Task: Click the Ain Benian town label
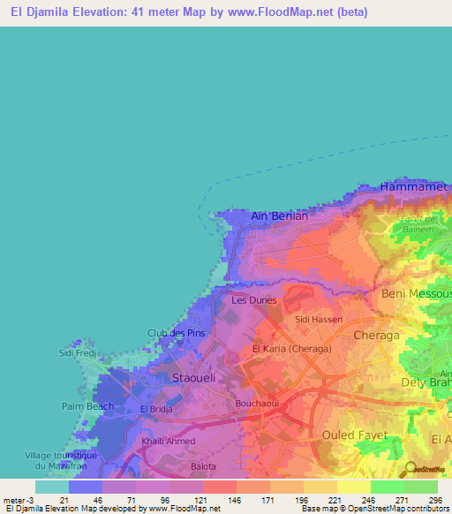coord(280,215)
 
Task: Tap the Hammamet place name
coord(416,186)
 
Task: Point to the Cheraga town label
coord(376,336)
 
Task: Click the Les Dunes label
coord(253,300)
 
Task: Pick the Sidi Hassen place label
coord(318,319)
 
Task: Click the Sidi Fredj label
coord(76,353)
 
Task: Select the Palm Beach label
coord(88,406)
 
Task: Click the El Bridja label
coord(155,410)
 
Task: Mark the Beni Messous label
coord(416,293)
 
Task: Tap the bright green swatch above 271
coord(388,487)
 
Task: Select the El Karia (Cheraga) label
coord(291,350)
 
